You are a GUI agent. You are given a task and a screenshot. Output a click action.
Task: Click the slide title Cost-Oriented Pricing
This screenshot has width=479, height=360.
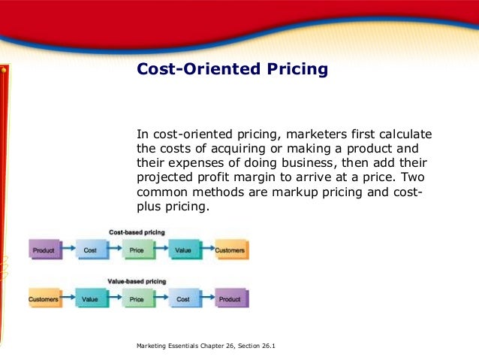pos(232,70)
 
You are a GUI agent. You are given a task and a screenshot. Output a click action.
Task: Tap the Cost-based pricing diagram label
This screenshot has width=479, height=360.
pos(137,233)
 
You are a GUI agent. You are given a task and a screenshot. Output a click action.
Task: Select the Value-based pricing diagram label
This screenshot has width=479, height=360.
pos(137,280)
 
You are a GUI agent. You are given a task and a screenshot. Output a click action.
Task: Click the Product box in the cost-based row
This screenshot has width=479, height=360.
pos(44,250)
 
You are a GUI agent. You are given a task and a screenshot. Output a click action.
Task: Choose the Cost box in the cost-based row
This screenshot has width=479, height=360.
pos(90,250)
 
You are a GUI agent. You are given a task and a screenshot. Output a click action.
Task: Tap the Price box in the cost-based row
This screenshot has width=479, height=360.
pos(137,250)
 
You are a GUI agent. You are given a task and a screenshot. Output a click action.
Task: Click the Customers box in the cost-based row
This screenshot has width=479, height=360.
pos(230,250)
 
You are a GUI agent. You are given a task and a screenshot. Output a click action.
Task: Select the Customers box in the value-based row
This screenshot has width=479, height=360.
pos(44,298)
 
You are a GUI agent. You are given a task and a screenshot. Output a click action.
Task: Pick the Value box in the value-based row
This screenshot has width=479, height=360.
pos(90,298)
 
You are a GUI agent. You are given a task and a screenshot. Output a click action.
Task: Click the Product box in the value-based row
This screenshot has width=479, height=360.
pos(230,298)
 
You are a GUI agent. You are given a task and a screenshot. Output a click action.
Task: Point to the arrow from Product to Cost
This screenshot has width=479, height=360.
pos(67,250)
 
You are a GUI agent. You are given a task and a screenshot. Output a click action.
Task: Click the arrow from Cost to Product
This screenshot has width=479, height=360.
pos(206,298)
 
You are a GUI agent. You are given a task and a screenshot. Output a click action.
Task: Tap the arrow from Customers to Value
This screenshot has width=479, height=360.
pos(67,298)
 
